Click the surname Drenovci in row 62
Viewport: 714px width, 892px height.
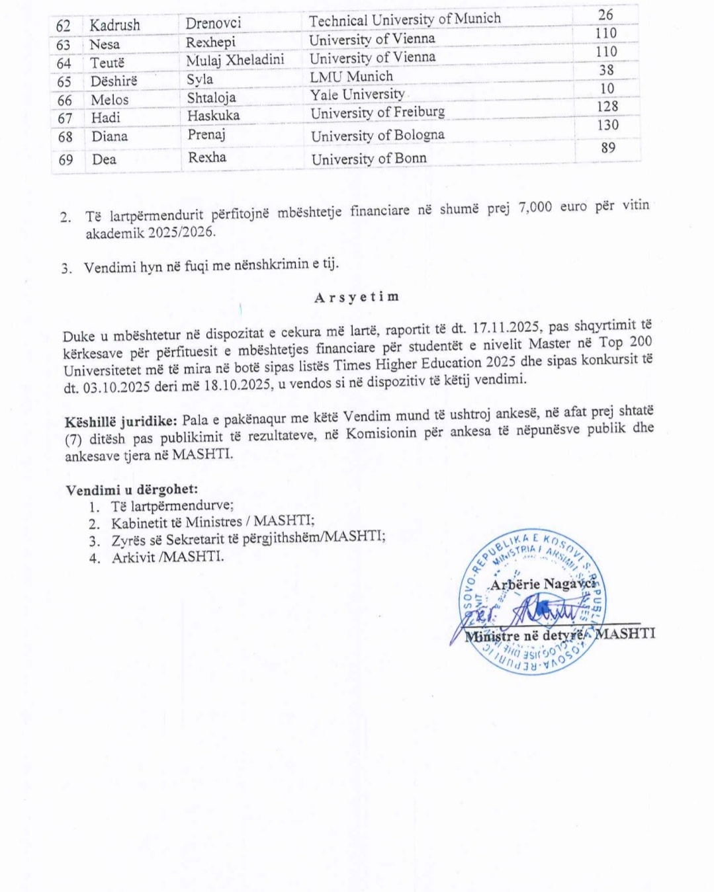click(213, 23)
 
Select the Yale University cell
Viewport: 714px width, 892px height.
click(357, 95)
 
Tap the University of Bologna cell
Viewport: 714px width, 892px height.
click(377, 136)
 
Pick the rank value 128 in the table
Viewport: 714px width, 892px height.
click(607, 106)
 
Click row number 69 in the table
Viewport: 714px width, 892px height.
click(66, 160)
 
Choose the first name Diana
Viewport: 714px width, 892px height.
click(109, 137)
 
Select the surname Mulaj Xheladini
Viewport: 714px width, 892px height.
click(235, 60)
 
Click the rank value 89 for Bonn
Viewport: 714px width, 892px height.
click(608, 148)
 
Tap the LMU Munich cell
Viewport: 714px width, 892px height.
click(351, 77)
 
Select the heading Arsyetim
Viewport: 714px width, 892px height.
click(357, 297)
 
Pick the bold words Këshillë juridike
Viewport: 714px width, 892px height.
click(120, 422)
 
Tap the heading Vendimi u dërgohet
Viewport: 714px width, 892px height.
click(132, 490)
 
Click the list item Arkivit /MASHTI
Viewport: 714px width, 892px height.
click(167, 557)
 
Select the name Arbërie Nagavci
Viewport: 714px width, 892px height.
click(542, 585)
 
